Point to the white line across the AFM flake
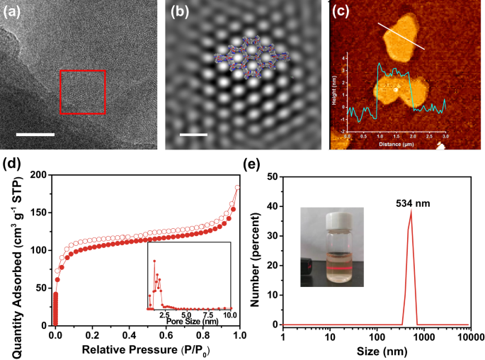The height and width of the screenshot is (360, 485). [x=400, y=35]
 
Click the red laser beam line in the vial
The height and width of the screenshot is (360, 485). [x=332, y=270]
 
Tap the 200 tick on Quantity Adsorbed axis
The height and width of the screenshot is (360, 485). [x=42, y=174]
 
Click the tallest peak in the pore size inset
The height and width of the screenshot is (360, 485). [x=154, y=252]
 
